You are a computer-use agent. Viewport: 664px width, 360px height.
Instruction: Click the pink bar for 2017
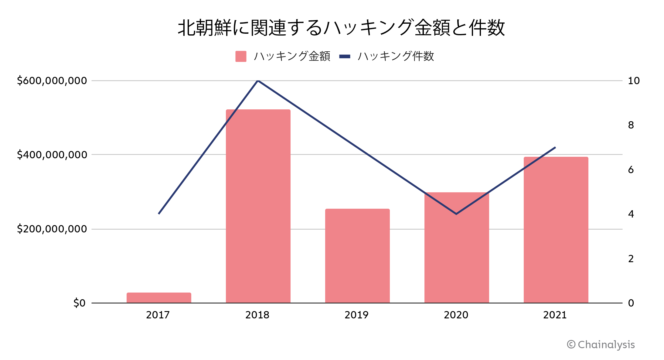pos(159,298)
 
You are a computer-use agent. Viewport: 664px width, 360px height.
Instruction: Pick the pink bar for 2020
pos(457,247)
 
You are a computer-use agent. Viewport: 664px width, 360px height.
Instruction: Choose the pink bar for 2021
pos(556,230)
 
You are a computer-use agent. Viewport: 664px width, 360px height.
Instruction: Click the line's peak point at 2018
pos(258,81)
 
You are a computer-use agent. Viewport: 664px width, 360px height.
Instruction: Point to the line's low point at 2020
pos(456,214)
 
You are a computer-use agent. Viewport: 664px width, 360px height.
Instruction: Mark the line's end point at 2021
pos(555,147)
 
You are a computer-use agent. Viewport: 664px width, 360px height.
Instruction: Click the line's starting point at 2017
pos(159,214)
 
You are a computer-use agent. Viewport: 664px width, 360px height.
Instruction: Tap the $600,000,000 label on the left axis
pos(52,81)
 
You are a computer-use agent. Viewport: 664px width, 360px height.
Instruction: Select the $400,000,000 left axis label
pos(52,155)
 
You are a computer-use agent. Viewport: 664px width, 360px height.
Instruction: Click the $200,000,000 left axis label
pos(52,229)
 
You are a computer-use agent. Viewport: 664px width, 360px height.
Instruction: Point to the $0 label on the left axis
pos(79,303)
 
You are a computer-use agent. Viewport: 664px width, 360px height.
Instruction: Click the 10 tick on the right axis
pos(634,81)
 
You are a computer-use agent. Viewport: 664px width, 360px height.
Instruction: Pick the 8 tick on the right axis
pos(631,125)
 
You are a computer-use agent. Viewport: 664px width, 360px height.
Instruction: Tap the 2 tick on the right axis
pos(631,259)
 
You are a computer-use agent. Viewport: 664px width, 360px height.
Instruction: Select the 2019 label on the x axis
pos(356,315)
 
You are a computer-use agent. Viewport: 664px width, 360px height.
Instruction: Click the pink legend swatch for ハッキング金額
pos(241,57)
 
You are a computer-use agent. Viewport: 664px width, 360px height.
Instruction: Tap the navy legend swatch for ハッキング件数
pos(345,57)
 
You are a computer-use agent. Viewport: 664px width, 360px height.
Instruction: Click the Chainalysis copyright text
pos(601,345)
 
